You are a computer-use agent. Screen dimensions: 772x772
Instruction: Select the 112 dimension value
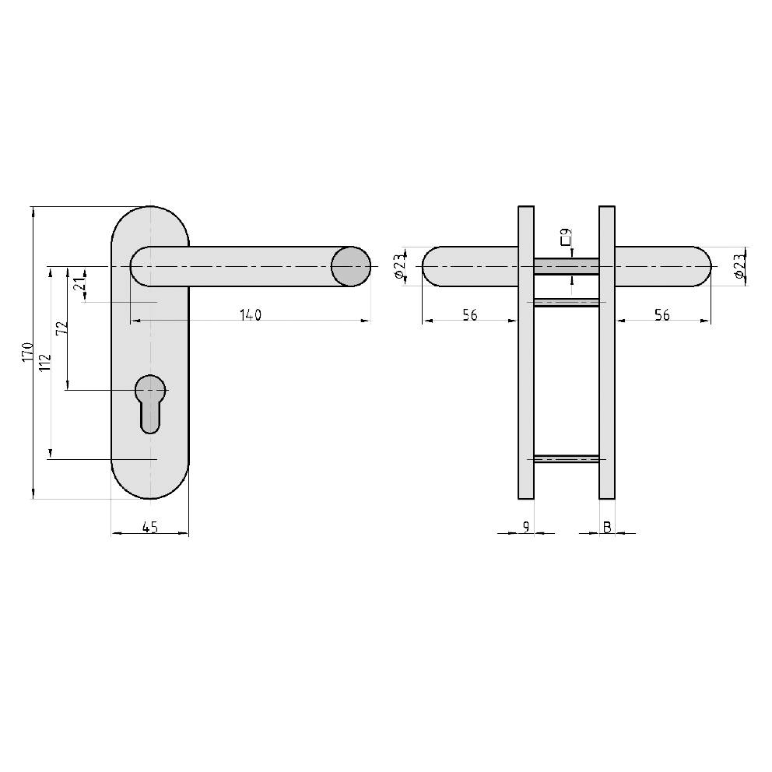pyautogui.click(x=44, y=363)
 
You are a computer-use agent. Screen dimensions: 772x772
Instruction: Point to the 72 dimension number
pyautogui.click(x=63, y=328)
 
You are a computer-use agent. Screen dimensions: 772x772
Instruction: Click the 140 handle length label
pyautogui.click(x=250, y=314)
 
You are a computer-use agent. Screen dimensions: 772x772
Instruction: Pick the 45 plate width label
pyautogui.click(x=150, y=527)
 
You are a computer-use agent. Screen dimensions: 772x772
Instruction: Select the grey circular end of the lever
pyautogui.click(x=351, y=266)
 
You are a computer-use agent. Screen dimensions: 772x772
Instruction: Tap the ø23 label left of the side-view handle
pyautogui.click(x=398, y=267)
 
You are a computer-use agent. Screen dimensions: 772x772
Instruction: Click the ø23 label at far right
pyautogui.click(x=739, y=267)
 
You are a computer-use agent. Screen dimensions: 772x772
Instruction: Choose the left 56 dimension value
pyautogui.click(x=469, y=314)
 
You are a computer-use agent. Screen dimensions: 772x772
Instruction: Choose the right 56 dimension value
pyautogui.click(x=662, y=314)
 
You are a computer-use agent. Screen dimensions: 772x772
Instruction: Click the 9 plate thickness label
pyautogui.click(x=526, y=527)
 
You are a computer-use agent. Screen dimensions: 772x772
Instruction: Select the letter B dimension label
pyautogui.click(x=607, y=527)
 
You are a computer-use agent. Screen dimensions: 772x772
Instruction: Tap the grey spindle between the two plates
pyautogui.click(x=567, y=266)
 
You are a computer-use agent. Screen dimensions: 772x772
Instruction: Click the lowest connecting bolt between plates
pyautogui.click(x=567, y=458)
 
